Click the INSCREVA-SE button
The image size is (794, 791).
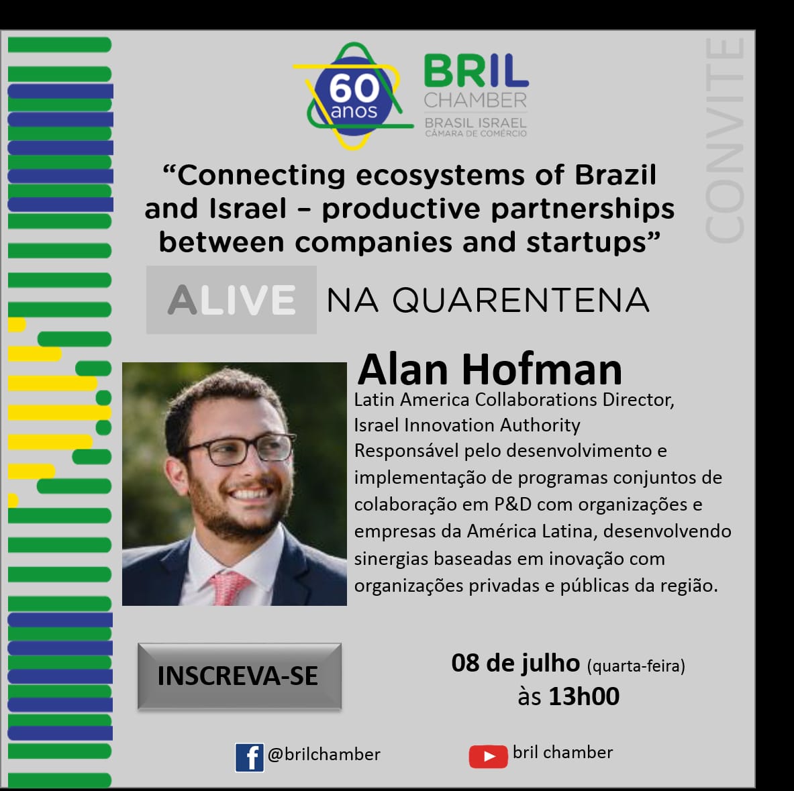pos(240,676)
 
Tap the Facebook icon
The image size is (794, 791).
pos(249,757)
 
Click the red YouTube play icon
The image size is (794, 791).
pos(488,756)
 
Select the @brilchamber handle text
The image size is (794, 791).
pos(324,755)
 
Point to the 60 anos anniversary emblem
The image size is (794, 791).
pos(354,96)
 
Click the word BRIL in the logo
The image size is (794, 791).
pos(476,71)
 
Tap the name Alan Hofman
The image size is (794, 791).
pos(490,370)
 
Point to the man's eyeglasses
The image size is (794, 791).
pos(238,448)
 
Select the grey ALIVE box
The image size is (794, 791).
pos(232,300)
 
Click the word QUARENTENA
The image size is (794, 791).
pos(521,300)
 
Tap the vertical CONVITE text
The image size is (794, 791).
pos(725,140)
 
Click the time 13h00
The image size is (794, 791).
pos(584,696)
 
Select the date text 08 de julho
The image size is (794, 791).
pos(515,663)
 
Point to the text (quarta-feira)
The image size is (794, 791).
pos(636,666)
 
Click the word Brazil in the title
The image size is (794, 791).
pos(615,174)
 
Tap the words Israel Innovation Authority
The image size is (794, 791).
pos(467,425)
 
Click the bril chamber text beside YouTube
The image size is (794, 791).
pos(562,753)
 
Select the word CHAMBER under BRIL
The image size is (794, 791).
pos(475,100)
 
